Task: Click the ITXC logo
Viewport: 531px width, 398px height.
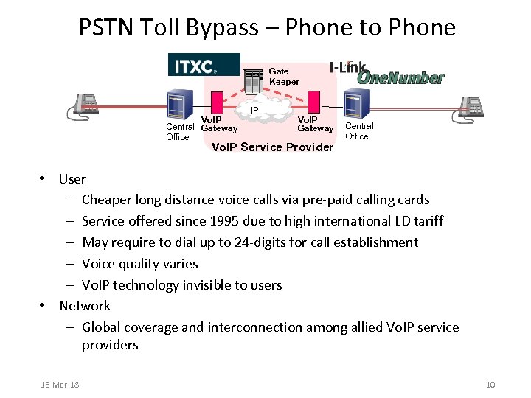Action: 204,65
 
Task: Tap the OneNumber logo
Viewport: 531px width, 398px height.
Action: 401,77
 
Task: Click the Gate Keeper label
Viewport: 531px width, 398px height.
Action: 283,77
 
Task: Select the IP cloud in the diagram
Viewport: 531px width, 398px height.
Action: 254,112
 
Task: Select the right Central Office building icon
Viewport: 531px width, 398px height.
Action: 355,105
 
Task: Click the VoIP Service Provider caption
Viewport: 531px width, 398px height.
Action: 272,147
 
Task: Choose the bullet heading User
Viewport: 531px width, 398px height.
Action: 72,179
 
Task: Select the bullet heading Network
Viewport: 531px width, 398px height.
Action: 85,306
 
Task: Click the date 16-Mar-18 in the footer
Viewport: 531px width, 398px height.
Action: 60,385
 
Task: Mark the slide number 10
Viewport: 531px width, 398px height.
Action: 491,385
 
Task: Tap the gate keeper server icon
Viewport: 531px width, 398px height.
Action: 254,81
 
